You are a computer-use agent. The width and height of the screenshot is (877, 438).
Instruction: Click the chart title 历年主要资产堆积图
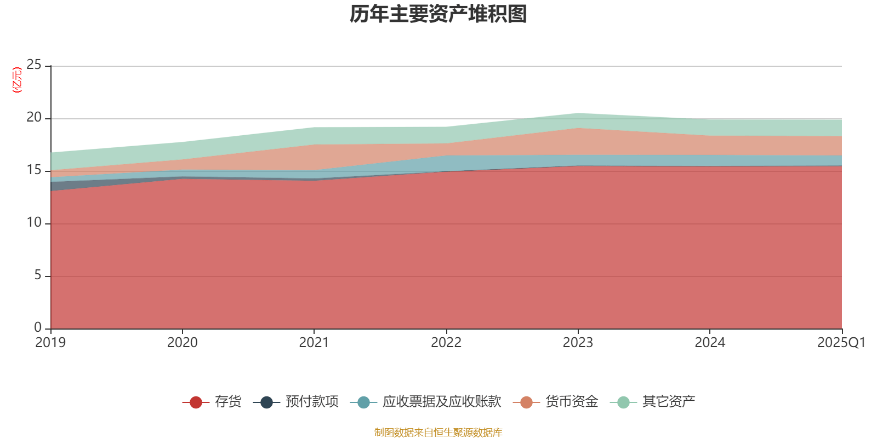click(438, 14)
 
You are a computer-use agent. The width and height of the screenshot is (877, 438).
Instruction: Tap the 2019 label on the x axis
click(50, 343)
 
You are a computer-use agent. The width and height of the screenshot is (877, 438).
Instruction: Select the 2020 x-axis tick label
click(183, 343)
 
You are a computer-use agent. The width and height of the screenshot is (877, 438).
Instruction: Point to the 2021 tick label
click(314, 343)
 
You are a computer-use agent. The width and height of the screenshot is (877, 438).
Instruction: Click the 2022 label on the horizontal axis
click(446, 343)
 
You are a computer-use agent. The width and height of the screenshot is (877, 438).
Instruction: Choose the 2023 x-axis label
click(578, 343)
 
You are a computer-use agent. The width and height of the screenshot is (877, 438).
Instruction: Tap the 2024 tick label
click(710, 343)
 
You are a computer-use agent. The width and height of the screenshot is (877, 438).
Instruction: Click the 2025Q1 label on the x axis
click(841, 343)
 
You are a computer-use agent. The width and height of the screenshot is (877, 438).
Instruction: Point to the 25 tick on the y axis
click(34, 65)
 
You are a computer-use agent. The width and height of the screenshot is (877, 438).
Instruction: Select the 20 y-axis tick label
click(34, 118)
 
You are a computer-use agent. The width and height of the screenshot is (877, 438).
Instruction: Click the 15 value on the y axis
click(34, 170)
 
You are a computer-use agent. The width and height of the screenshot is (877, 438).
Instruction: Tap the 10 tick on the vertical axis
click(34, 223)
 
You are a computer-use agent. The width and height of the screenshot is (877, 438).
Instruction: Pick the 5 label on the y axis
click(37, 275)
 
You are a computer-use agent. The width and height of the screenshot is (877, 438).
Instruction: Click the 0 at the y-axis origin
click(37, 328)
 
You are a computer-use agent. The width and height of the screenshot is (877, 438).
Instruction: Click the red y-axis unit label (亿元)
click(17, 80)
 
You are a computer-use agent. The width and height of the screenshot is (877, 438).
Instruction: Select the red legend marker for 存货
click(196, 402)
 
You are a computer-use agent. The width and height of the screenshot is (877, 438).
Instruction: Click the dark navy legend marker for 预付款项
click(266, 402)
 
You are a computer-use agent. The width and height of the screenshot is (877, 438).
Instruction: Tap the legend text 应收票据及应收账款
click(442, 402)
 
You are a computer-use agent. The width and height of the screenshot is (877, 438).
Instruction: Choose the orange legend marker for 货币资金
click(527, 402)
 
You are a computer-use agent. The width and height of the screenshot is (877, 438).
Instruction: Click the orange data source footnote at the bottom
click(438, 433)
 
